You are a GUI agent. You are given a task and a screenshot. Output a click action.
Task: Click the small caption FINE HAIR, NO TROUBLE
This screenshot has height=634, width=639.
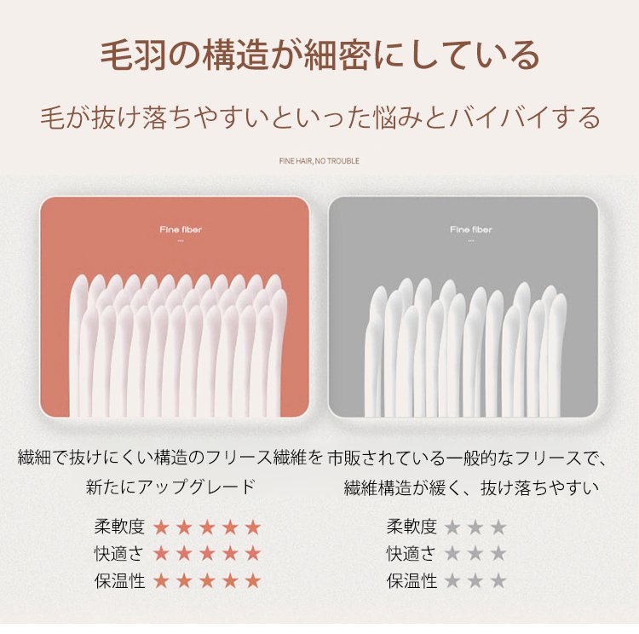coord(319,161)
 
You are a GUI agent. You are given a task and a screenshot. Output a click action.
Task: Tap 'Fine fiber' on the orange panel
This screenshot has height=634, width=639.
coord(181,229)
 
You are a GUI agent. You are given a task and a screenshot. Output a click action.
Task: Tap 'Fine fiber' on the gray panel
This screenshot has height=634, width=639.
coord(471,229)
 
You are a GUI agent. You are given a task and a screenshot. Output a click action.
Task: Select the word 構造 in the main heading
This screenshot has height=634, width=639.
coord(235,55)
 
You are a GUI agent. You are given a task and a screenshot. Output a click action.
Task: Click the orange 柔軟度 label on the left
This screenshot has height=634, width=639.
coord(119,527)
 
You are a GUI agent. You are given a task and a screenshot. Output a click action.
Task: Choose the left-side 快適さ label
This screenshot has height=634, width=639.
coord(119,553)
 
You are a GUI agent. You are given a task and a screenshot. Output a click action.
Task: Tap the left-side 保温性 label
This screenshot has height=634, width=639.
coord(119,580)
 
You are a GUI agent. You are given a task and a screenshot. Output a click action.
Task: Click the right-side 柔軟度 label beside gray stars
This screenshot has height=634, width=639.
coord(412,527)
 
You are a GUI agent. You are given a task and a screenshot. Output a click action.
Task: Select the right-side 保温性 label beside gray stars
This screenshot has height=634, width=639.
coord(412,580)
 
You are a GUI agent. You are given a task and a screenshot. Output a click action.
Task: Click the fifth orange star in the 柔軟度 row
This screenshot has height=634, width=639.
coord(253,527)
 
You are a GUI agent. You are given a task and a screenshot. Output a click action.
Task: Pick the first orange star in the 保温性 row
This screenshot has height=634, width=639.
coord(161,581)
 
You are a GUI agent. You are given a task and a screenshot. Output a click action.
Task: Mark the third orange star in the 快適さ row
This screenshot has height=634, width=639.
coord(207,554)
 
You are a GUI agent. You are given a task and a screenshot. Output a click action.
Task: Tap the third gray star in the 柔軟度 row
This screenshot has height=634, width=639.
coord(498,527)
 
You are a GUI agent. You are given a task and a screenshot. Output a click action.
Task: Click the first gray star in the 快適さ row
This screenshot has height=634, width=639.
coord(452,554)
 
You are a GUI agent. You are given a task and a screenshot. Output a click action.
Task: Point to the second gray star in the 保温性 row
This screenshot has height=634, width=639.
coord(475,581)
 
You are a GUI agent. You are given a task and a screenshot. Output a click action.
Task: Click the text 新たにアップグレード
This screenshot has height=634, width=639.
coord(170,487)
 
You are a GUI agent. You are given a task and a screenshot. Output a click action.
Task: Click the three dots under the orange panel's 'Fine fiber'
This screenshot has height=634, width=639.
coord(181,241)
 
